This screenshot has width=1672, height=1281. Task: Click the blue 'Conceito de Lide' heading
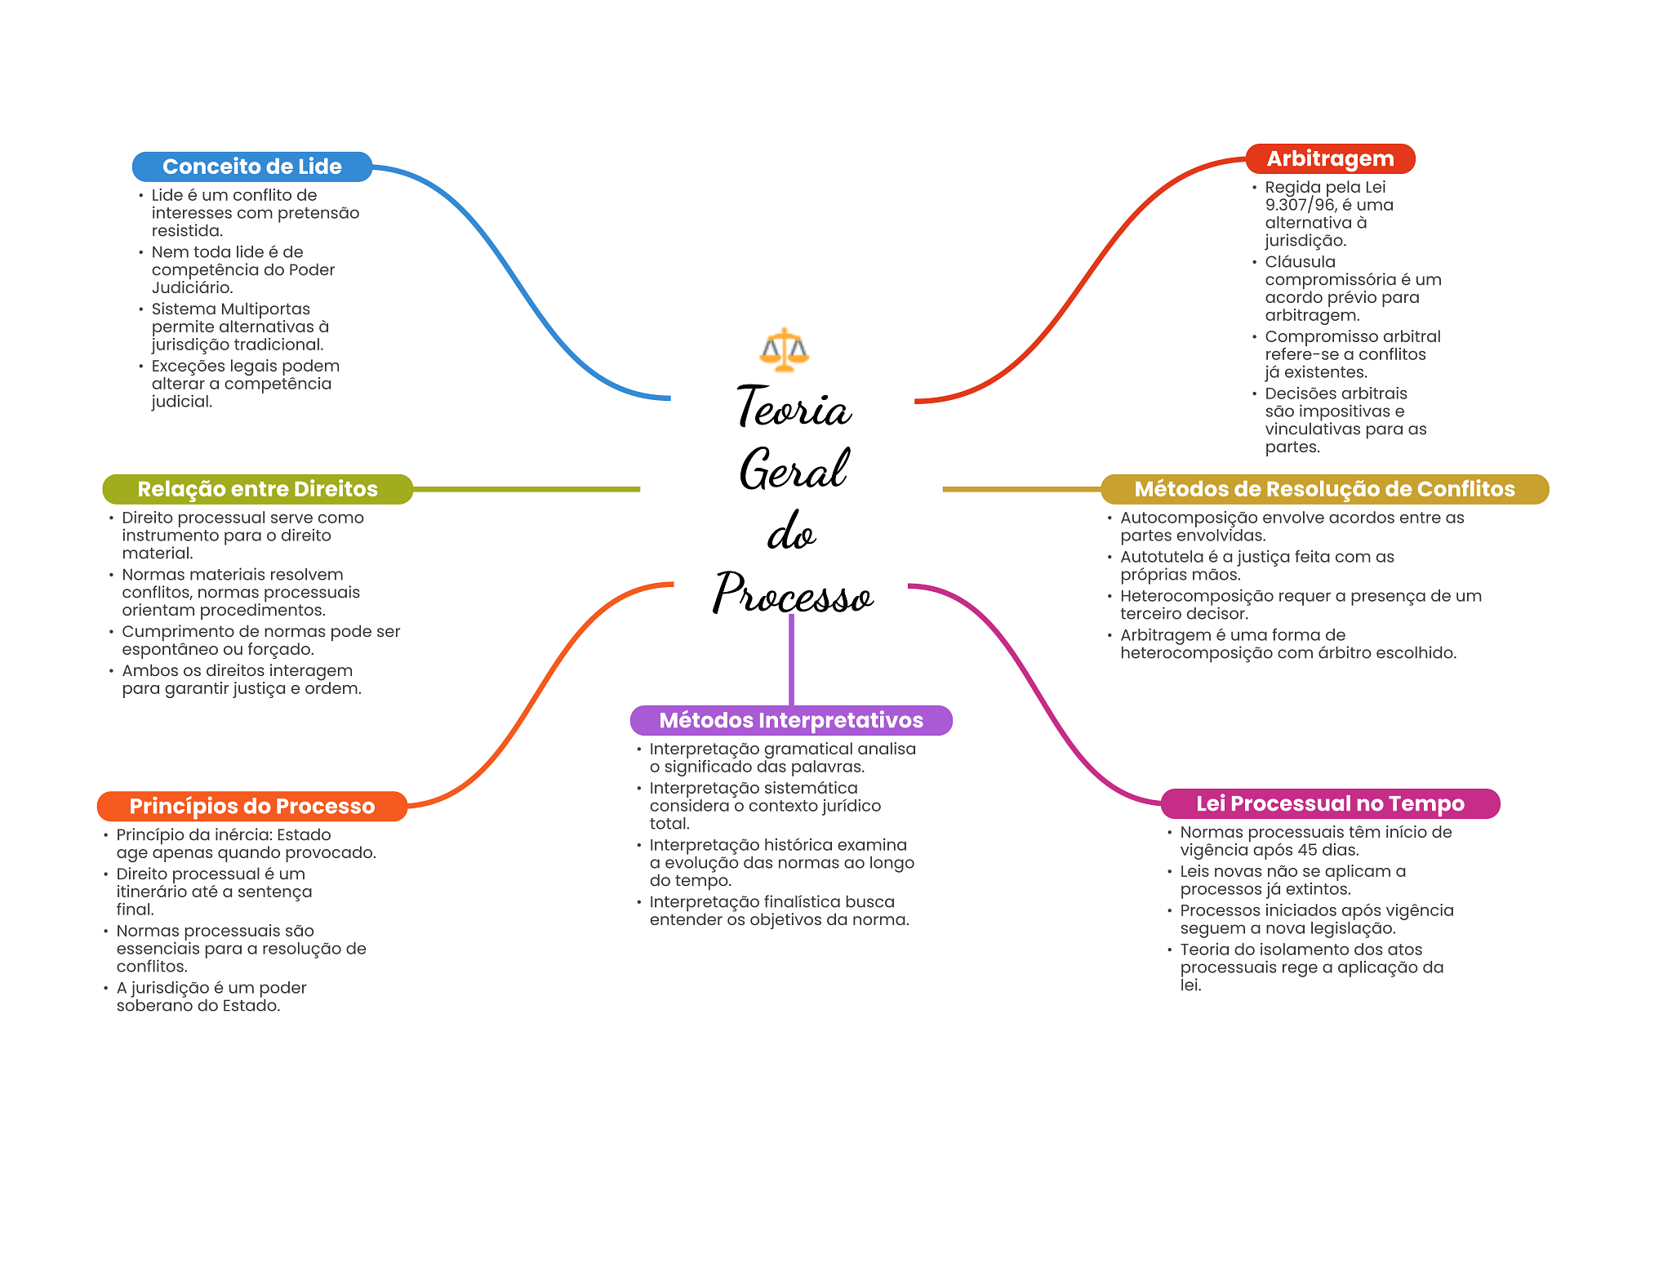(251, 167)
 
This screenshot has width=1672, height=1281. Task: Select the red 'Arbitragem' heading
(1330, 158)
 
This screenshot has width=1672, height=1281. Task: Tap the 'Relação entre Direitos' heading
(257, 489)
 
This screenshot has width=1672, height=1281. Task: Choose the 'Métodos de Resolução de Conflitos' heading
(1324, 489)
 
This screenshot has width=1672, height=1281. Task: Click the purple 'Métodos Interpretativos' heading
(791, 720)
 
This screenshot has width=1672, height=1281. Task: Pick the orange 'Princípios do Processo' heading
(251, 806)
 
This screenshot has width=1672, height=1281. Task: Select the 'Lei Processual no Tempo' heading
(1330, 803)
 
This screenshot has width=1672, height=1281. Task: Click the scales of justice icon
(784, 350)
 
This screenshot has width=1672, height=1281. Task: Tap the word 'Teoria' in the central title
(794, 407)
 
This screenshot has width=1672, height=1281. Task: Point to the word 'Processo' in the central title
(794, 594)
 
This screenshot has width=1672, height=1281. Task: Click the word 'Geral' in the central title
(794, 470)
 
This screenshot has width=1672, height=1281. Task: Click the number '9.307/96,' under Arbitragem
(1301, 205)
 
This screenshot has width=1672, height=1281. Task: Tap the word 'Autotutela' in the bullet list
(1161, 557)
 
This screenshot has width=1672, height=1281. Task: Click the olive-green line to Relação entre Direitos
(527, 489)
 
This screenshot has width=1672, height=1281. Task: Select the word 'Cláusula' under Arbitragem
(1300, 262)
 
